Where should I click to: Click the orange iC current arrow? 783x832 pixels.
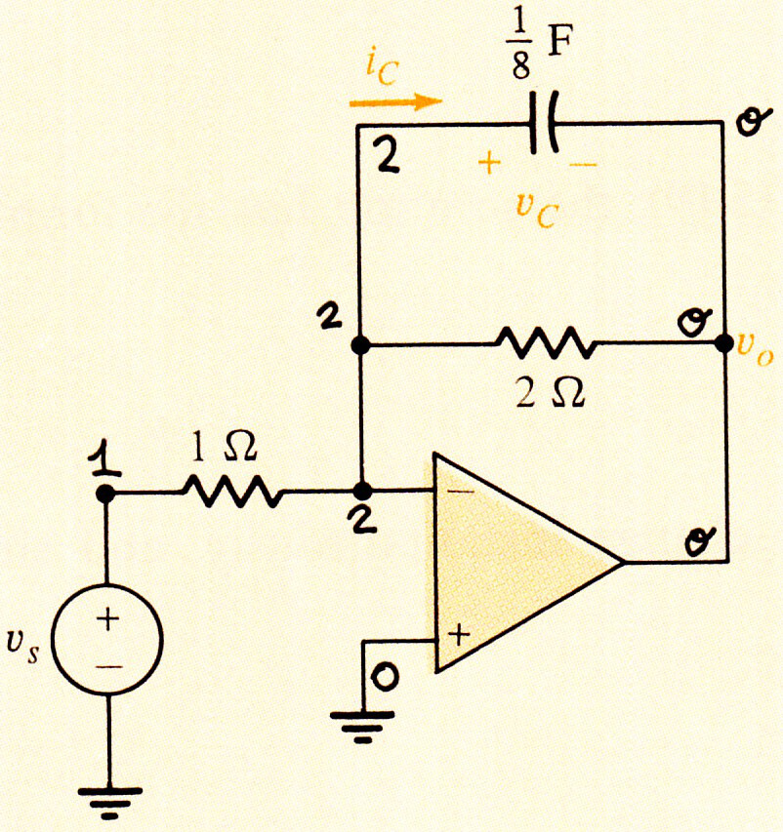coord(395,101)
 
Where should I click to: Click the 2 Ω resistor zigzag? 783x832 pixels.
coord(546,343)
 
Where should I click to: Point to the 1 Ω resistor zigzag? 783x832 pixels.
coord(232,492)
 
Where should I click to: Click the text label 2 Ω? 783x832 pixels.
coord(551,393)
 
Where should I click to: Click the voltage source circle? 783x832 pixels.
coord(107,640)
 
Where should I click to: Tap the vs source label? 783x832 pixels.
coord(22,648)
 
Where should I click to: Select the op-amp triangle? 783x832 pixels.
coord(527,563)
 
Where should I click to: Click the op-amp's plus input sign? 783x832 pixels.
coord(460,635)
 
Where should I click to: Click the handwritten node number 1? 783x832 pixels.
coord(105,458)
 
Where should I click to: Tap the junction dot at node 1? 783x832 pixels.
coord(105,494)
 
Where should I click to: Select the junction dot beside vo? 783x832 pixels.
coord(723,343)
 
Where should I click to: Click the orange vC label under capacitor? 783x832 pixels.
coord(537,213)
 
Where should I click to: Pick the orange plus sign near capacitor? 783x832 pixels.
coord(489,163)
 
